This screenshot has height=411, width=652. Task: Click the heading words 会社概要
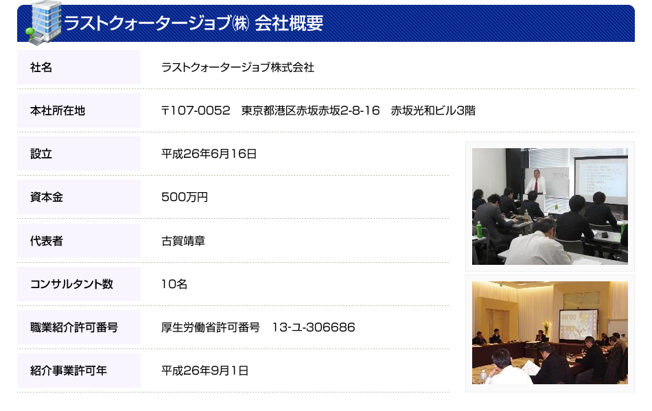(288, 23)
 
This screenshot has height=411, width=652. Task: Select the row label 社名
(41, 67)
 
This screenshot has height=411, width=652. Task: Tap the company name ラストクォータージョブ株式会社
(237, 67)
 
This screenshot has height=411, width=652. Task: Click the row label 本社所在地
(58, 110)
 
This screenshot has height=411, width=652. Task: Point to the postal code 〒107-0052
(196, 110)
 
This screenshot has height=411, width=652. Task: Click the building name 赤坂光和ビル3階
(433, 110)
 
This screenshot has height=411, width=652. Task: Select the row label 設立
(41, 154)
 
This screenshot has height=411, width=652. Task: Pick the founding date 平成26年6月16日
(209, 154)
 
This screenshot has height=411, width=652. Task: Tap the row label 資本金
(47, 197)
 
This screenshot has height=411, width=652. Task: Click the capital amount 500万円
(184, 197)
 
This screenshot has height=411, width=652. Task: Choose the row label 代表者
(47, 241)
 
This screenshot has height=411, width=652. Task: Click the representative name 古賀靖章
(183, 241)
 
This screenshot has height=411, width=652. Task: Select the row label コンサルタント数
(71, 284)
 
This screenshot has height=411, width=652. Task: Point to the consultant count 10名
(174, 284)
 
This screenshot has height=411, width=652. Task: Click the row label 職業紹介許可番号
(74, 327)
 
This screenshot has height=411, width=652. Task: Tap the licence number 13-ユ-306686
(314, 327)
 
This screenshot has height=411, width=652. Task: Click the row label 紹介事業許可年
(69, 371)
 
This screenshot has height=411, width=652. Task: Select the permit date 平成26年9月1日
(205, 371)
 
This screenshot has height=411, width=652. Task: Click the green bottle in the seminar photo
(479, 229)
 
